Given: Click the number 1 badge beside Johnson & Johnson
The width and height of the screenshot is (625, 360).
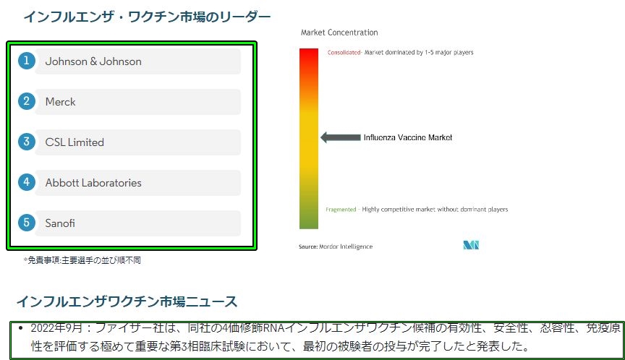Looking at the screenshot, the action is [27, 61].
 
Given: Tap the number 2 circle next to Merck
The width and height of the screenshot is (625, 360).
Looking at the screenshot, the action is [27, 101].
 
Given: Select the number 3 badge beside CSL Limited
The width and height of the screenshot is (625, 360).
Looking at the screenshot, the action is [27, 142].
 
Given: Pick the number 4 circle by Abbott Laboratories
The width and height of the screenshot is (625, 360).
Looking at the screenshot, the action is [27, 182].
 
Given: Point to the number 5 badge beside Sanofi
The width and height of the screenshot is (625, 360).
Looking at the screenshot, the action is [27, 222].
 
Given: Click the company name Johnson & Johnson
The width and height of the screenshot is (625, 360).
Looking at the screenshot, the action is [93, 61].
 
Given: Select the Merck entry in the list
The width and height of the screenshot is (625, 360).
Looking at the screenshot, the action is [60, 102].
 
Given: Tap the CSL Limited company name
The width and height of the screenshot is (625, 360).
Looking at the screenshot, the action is [75, 142].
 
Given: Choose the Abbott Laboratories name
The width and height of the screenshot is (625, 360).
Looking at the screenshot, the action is [93, 183].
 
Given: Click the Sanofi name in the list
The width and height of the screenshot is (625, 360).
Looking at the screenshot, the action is [60, 223].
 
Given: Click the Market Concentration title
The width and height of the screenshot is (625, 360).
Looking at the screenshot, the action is [339, 33].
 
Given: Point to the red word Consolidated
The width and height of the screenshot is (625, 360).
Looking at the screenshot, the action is [344, 53].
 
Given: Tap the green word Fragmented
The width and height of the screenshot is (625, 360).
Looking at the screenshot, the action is [341, 210].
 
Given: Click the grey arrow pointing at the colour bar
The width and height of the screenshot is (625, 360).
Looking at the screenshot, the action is [341, 137].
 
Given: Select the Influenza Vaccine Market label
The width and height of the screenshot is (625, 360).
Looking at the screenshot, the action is [408, 137].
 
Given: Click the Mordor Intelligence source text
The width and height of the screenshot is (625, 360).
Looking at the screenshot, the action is [336, 247].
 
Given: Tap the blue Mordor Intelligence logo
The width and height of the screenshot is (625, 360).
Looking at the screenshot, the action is [471, 245].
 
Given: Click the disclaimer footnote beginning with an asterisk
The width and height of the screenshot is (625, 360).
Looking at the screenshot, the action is [82, 260].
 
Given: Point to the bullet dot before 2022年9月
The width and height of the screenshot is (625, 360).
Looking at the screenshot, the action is [21, 327].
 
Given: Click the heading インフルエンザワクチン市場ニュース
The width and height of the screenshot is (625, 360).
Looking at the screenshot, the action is [127, 301].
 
